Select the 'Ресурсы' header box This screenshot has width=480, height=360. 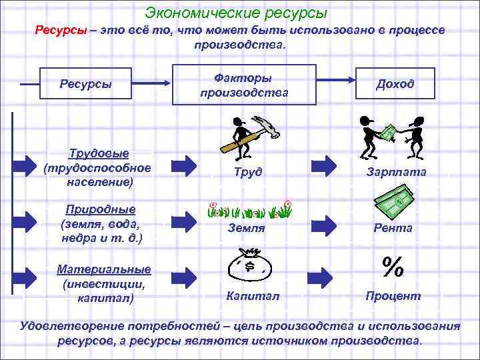86,84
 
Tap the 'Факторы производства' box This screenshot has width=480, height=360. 244,85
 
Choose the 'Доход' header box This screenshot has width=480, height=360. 395,84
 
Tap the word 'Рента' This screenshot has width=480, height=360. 393,227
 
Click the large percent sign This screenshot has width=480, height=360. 393,267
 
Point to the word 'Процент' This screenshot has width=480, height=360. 393,295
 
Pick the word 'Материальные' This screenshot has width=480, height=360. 103,269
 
